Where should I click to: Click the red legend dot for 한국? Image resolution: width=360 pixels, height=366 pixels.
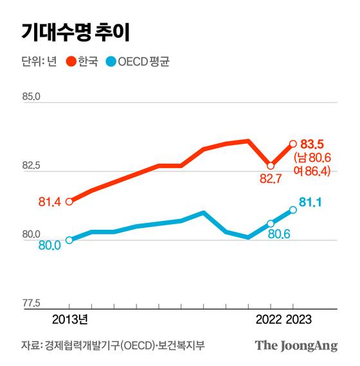[71, 63]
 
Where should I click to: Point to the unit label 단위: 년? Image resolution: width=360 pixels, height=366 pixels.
[39, 63]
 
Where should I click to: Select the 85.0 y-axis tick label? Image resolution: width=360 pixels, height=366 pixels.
[32, 97]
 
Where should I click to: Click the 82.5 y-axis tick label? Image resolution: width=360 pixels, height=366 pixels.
[32, 166]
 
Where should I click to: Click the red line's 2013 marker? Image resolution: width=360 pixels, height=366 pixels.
[69, 202]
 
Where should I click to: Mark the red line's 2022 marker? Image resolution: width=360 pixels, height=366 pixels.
[271, 166]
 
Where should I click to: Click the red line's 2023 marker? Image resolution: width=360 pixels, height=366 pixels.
[293, 143]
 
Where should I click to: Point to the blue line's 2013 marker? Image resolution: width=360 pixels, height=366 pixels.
[69, 240]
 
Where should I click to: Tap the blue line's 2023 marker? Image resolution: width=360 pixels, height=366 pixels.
[293, 209]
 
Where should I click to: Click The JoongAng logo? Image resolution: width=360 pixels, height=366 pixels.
[296, 345]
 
